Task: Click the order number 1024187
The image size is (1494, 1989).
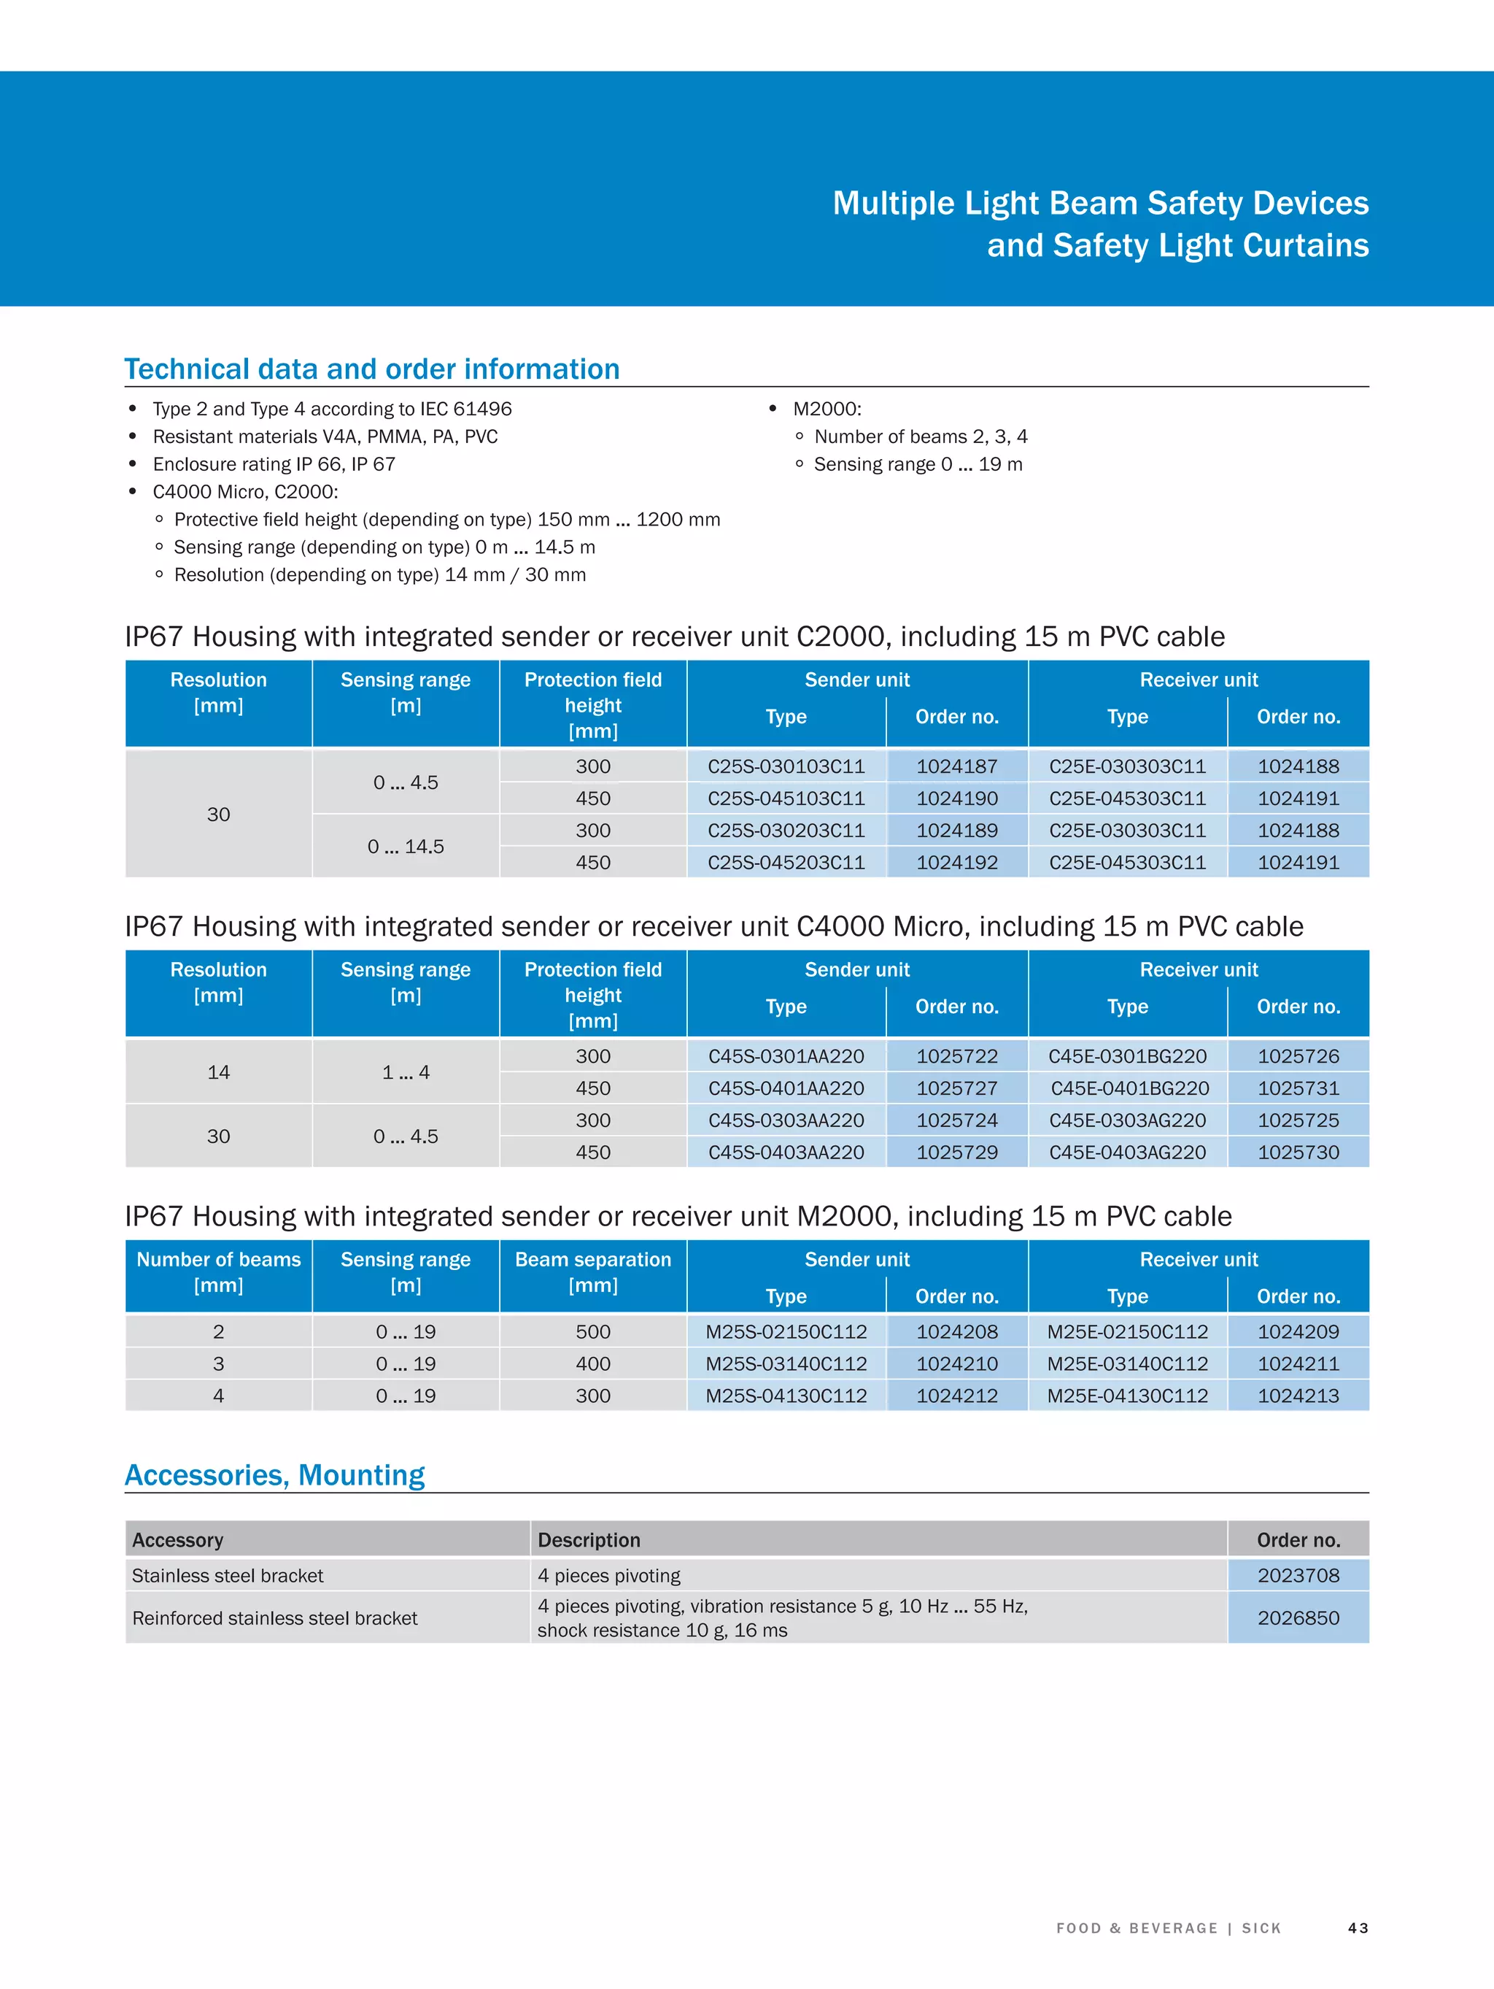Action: pyautogui.click(x=956, y=766)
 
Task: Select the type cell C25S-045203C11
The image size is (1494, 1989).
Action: pyautogui.click(x=786, y=862)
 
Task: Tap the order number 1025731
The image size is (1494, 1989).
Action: pyautogui.click(x=1297, y=1088)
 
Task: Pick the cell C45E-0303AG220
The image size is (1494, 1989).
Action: pyautogui.click(x=1127, y=1120)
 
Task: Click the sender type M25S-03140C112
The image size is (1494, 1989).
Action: pyautogui.click(x=786, y=1364)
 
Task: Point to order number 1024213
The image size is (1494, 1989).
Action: pyautogui.click(x=1297, y=1396)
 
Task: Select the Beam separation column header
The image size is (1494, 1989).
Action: pyautogui.click(x=592, y=1272)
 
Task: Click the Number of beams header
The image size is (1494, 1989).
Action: pyautogui.click(x=218, y=1272)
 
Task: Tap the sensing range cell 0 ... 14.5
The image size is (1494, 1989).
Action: pyautogui.click(x=406, y=846)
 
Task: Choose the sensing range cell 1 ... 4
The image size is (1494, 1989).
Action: pyautogui.click(x=406, y=1072)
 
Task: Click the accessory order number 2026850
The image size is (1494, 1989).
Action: pyautogui.click(x=1297, y=1617)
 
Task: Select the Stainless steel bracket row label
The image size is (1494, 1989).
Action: pyautogui.click(x=228, y=1575)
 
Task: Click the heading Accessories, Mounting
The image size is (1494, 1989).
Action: pyautogui.click(x=274, y=1474)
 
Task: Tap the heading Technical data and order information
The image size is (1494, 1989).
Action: pyautogui.click(x=371, y=369)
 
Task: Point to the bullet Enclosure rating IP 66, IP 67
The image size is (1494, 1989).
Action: pyautogui.click(x=274, y=464)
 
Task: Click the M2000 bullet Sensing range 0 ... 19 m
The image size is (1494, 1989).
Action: pyautogui.click(x=917, y=464)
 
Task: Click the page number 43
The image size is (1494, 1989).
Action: pyautogui.click(x=1358, y=1928)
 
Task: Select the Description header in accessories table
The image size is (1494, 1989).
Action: pyautogui.click(x=589, y=1540)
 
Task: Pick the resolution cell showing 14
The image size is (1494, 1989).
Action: pyautogui.click(x=218, y=1072)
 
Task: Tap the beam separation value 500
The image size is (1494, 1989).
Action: pyautogui.click(x=592, y=1331)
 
